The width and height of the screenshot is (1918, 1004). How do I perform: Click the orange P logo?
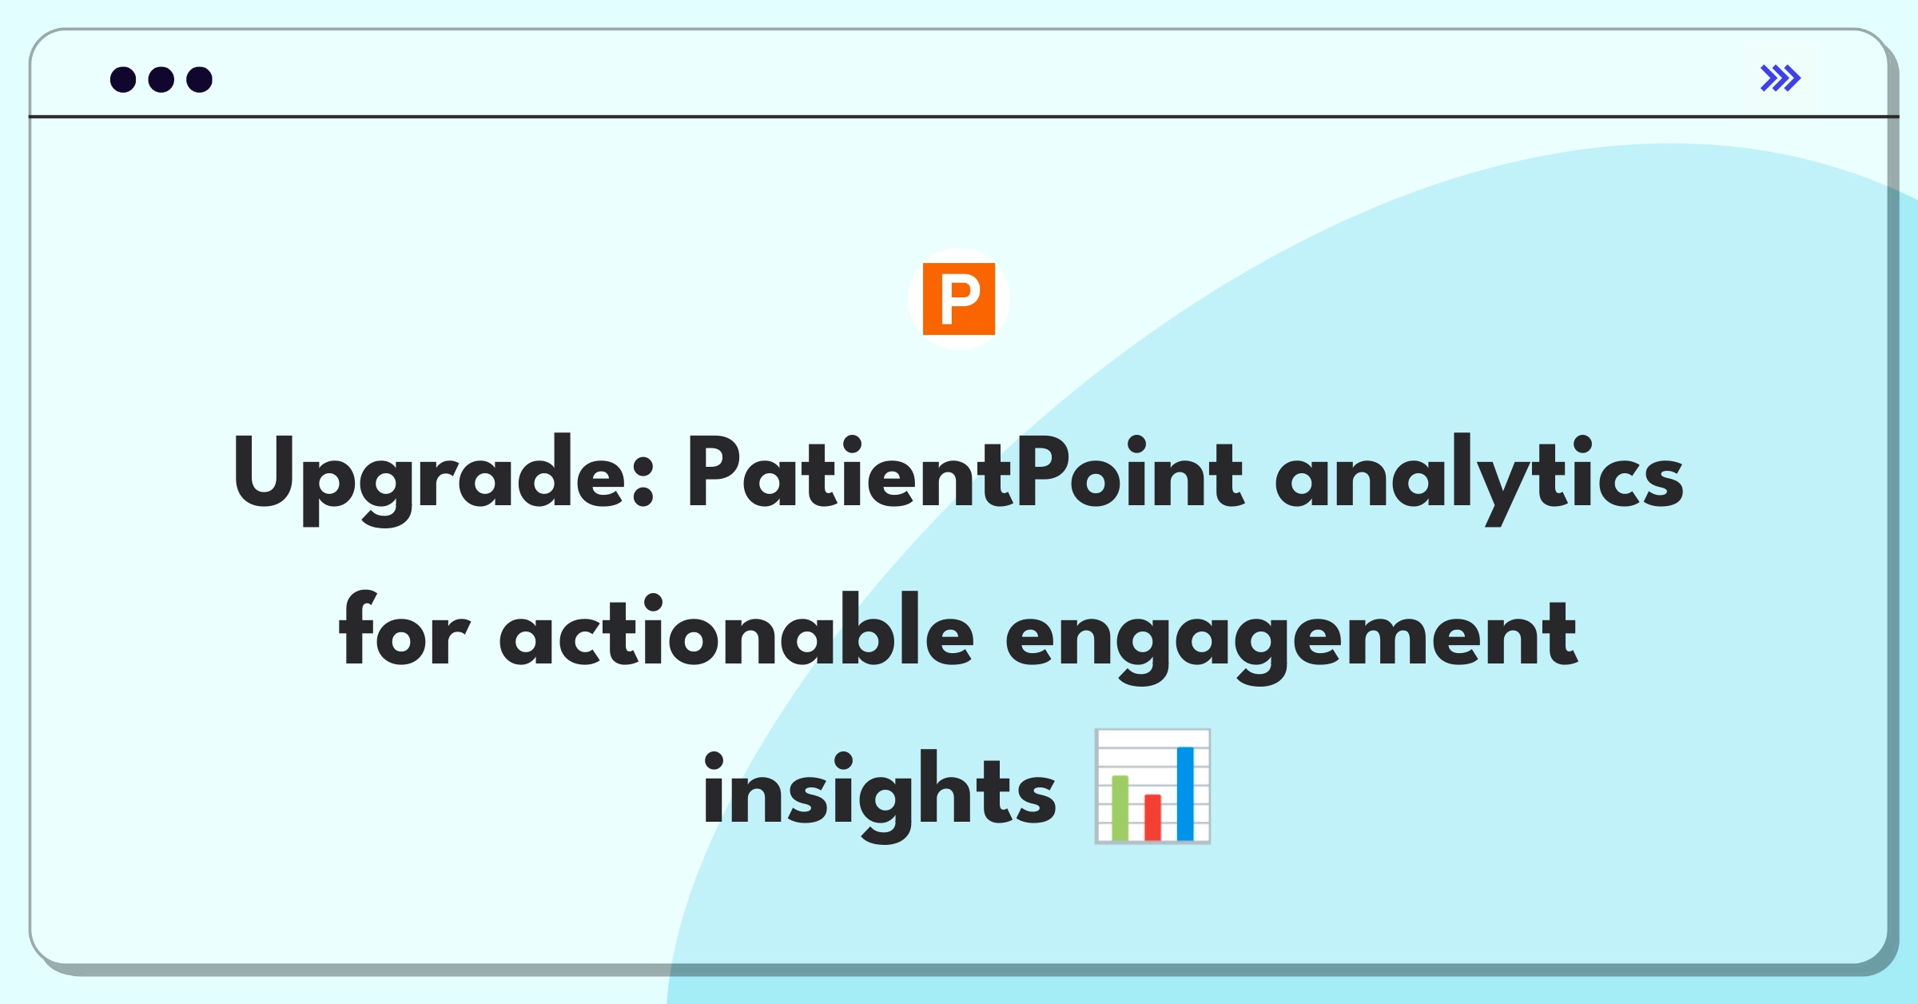(959, 299)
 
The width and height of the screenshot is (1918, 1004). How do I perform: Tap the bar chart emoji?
(1152, 787)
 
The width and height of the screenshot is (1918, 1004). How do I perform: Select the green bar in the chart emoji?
(1120, 807)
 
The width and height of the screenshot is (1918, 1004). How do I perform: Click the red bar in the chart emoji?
(1152, 817)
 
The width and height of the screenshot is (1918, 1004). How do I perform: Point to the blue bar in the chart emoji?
(1185, 794)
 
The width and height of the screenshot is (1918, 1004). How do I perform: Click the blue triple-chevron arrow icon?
(1781, 78)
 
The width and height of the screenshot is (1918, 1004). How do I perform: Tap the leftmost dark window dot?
(123, 79)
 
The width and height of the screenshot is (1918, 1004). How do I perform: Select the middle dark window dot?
(161, 79)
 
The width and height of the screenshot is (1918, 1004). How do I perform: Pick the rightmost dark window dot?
(200, 79)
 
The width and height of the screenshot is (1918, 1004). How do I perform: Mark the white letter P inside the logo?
(960, 299)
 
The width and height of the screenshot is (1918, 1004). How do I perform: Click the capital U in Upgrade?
(264, 472)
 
